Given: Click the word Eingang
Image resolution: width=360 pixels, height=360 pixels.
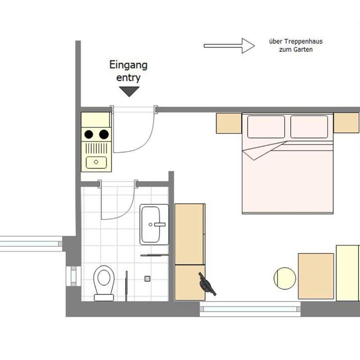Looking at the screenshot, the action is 128,66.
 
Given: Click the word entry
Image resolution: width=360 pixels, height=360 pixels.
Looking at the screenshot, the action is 128,78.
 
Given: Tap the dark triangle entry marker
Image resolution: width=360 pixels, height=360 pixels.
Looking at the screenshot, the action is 129,91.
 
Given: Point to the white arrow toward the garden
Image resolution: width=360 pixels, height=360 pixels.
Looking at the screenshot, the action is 229,46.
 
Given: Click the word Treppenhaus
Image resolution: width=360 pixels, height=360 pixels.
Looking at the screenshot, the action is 303,41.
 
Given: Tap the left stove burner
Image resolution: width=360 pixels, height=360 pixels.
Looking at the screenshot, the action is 89,135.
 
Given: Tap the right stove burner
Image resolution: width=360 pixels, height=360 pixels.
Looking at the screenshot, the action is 104,135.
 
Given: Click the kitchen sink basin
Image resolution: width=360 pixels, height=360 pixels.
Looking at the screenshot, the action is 96,162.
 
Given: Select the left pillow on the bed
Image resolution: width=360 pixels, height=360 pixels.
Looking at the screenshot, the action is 266,127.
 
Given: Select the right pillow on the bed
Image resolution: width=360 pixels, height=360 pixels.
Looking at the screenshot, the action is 309,127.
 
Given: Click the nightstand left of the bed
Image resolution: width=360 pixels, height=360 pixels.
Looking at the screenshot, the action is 229,123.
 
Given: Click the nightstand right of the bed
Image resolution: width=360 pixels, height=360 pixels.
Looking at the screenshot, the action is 346,123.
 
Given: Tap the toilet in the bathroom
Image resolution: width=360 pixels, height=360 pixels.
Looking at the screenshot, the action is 104,283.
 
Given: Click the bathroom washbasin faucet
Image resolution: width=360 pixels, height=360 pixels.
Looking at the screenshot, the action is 158,225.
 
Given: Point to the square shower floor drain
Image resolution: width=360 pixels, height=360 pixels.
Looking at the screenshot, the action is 147,279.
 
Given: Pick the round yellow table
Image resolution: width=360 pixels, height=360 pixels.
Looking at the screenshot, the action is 285,278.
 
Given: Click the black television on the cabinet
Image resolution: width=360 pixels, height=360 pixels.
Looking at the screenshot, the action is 207,284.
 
